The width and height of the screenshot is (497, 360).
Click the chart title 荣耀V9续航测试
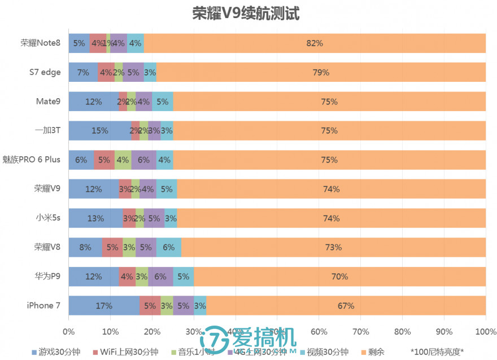tap(246, 13)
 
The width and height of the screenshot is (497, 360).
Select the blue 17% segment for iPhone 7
tap(104, 306)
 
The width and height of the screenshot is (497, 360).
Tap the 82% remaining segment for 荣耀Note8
tap(315, 43)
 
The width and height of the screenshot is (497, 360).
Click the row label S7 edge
tap(45, 72)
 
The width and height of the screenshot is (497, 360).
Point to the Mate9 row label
tap(49, 102)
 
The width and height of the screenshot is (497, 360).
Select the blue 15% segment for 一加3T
tap(99, 130)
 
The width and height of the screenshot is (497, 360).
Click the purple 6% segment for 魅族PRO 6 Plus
tap(143, 160)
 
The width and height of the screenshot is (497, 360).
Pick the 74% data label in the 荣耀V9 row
tap(332, 189)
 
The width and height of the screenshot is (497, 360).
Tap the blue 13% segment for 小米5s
tap(95, 218)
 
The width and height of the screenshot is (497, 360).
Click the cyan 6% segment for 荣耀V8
tap(169, 247)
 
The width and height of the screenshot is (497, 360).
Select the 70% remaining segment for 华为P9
tap(339, 276)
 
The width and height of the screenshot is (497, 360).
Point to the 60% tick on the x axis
tap(319, 331)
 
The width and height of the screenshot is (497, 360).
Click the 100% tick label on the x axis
tap(486, 331)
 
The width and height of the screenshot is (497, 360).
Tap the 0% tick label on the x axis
tap(68, 331)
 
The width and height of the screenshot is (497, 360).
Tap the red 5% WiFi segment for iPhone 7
tap(150, 306)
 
